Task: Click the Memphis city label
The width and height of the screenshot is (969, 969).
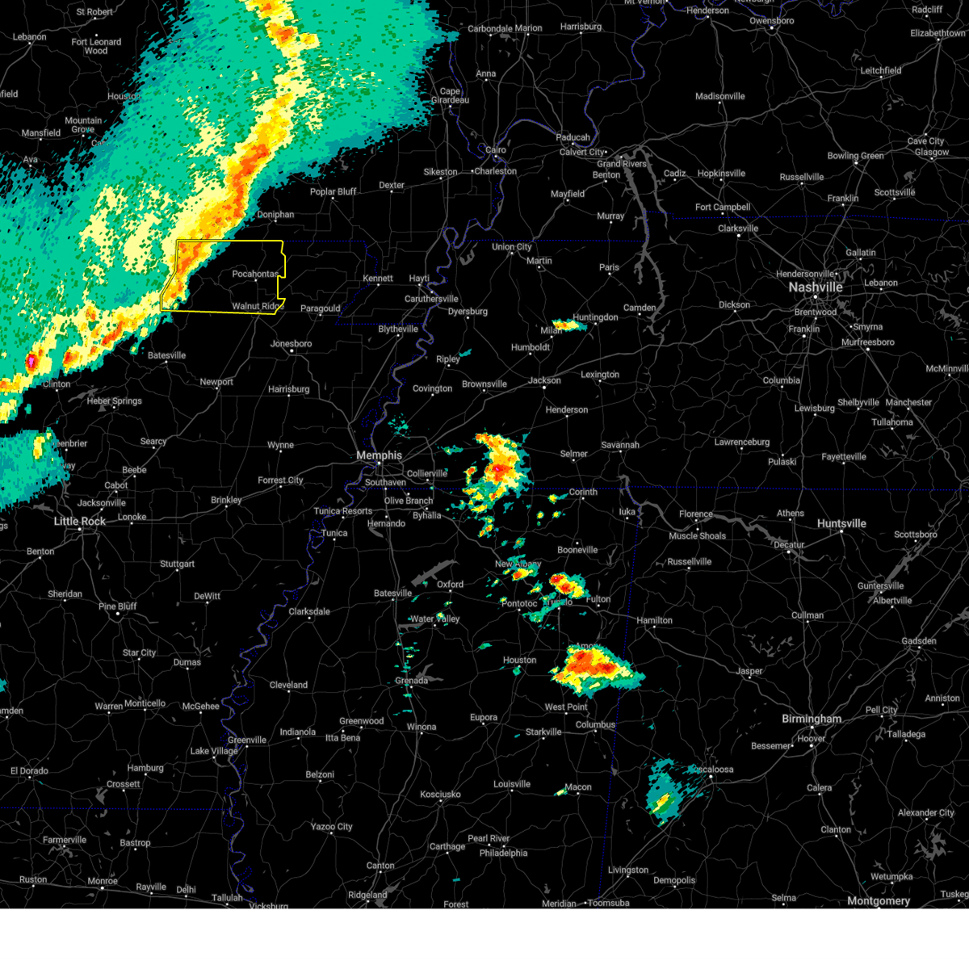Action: coord(379,455)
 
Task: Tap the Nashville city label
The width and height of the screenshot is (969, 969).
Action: coord(816,287)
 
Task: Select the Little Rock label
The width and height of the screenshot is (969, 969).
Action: coord(79,522)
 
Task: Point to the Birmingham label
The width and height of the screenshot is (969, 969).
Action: coord(811,719)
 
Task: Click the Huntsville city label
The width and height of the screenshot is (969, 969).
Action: coord(841,523)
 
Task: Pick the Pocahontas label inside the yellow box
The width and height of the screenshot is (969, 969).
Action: coord(255,275)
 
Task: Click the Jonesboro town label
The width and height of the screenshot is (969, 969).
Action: coord(291,344)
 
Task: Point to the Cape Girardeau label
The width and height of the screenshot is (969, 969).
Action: coord(450,96)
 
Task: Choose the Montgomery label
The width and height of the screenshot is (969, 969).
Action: coord(879,901)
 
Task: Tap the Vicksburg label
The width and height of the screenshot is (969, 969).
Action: coord(268,906)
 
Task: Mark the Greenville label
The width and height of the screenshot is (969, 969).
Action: coord(246,740)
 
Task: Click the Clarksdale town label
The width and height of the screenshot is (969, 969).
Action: coord(309,612)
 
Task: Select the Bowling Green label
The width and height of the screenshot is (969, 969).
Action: coord(855,156)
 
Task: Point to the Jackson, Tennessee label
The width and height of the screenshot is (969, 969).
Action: coord(545,380)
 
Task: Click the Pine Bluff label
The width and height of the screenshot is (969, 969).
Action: coord(118,606)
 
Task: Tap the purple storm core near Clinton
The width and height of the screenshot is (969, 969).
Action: coord(31,361)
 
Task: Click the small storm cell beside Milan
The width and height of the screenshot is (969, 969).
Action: coord(568,325)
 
